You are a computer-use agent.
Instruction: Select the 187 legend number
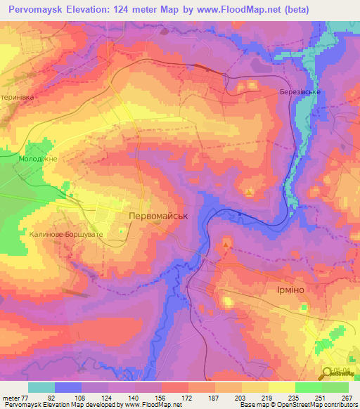coord(212,396)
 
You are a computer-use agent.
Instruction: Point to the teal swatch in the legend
coord(41,387)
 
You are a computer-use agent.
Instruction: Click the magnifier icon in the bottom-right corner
coord(328,374)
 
